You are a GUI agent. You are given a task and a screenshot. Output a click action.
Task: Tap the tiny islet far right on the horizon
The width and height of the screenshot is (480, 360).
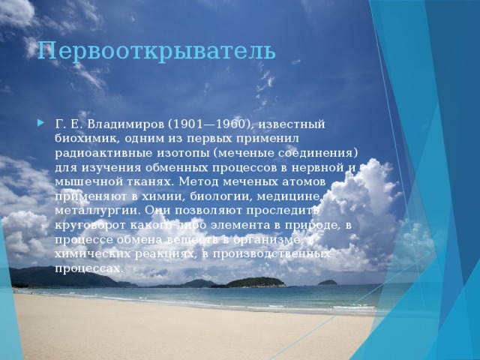click(328, 282)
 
